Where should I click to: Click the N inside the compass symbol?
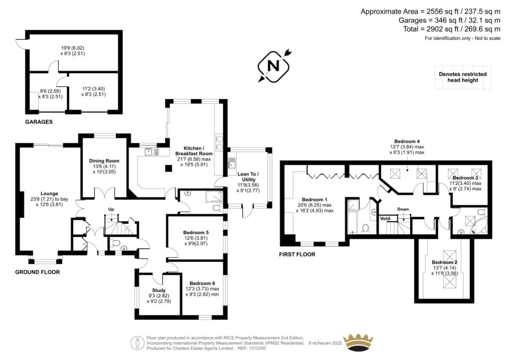[273, 66]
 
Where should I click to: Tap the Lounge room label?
[49, 193]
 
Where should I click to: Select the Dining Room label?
[104, 161]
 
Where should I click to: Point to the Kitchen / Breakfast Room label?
[194, 151]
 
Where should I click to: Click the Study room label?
[159, 290]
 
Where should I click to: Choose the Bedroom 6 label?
[202, 283]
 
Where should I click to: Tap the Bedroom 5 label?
[196, 232]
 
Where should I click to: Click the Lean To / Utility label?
[249, 177]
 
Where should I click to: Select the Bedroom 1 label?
[315, 199]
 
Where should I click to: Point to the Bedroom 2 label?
[444, 262]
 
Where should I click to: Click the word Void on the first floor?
[385, 218]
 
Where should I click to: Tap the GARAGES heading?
[39, 122]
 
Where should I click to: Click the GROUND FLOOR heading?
[37, 272]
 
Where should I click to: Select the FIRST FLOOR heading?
[297, 255]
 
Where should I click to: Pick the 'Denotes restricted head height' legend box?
[463, 77]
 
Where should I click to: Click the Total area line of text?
[451, 29]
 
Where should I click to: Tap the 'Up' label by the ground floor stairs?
[111, 209]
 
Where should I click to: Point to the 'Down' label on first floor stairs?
[403, 209]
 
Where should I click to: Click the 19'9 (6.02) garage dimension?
[73, 48]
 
